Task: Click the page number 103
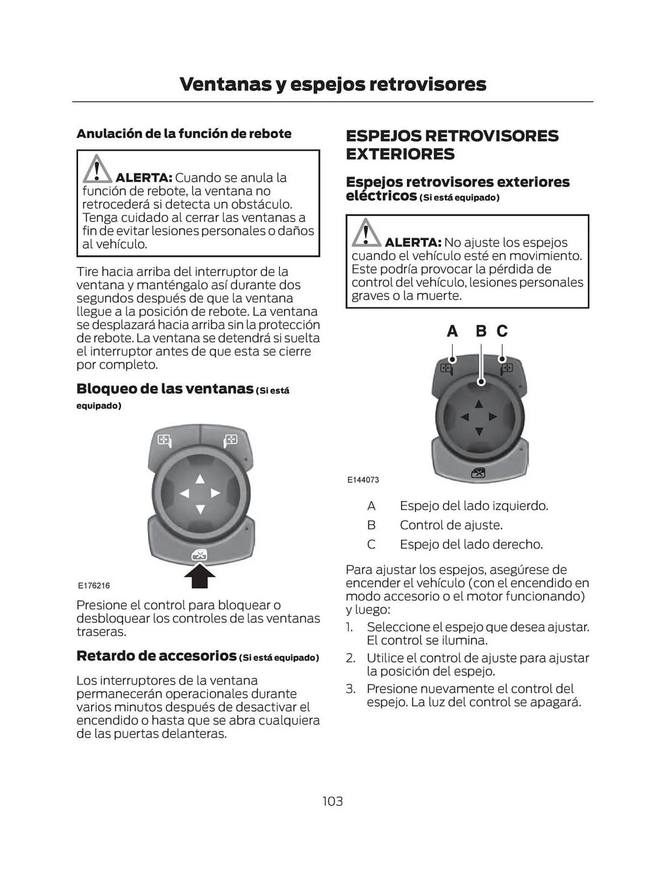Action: click(x=332, y=802)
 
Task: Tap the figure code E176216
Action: click(x=94, y=586)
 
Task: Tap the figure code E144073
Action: click(x=363, y=480)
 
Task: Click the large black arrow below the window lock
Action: click(x=200, y=576)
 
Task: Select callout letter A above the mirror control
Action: click(x=452, y=331)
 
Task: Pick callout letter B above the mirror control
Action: click(x=481, y=331)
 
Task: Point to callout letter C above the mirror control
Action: click(x=502, y=331)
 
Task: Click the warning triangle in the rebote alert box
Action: click(x=97, y=169)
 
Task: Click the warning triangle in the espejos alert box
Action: click(x=366, y=233)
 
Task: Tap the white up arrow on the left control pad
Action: click(x=200, y=479)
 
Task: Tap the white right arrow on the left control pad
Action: click(x=215, y=493)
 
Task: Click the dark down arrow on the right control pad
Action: click(x=479, y=432)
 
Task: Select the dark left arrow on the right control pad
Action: click(x=465, y=417)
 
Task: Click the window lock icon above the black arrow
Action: click(x=199, y=555)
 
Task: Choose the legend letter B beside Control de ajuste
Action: click(x=372, y=525)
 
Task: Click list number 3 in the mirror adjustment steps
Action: click(x=350, y=689)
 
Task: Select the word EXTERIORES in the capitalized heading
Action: click(x=400, y=154)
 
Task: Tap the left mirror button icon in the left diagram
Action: click(x=164, y=440)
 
